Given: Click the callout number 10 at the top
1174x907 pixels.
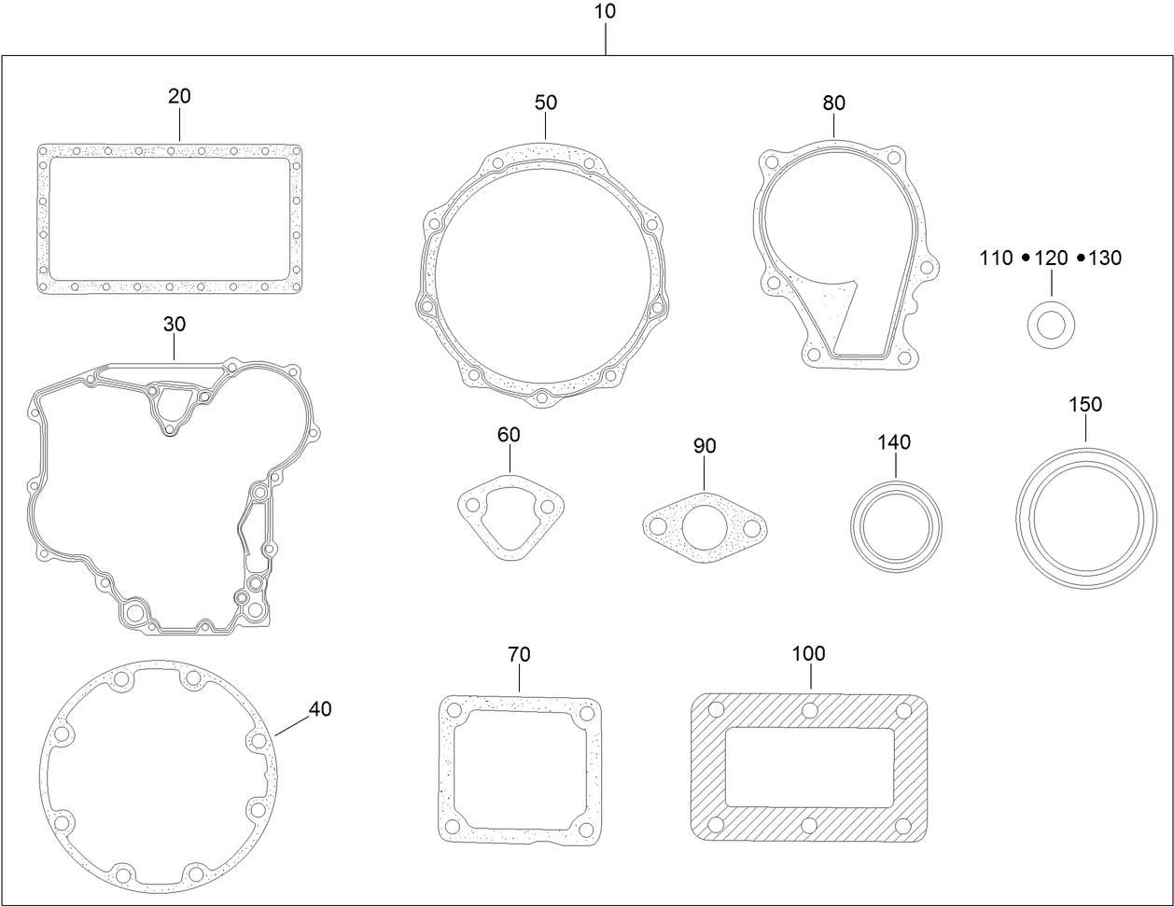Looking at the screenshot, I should tap(605, 12).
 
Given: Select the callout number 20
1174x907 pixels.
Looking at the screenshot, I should tap(179, 96).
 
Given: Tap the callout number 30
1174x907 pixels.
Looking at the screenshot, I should tap(175, 324).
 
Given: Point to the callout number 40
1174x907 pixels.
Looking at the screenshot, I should tap(320, 709).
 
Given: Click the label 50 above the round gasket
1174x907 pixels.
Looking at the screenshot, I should tap(546, 102).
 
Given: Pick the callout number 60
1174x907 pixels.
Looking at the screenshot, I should tap(510, 435).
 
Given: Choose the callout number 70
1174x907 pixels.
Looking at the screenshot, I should tap(519, 655).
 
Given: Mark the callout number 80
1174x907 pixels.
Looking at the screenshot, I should tap(834, 102).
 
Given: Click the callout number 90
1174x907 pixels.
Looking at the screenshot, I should tap(705, 446).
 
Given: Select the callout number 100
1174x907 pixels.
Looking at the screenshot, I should tap(809, 653).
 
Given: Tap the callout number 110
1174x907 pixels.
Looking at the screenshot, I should tap(996, 258).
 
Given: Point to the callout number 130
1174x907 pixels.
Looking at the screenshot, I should tap(1106, 258).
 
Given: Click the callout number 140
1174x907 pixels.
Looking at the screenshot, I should tap(894, 442).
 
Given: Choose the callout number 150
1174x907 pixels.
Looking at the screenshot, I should tap(1085, 404).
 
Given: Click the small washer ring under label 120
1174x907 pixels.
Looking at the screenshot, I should tap(1051, 326).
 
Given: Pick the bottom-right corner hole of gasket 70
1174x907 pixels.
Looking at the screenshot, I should tap(586, 828).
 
